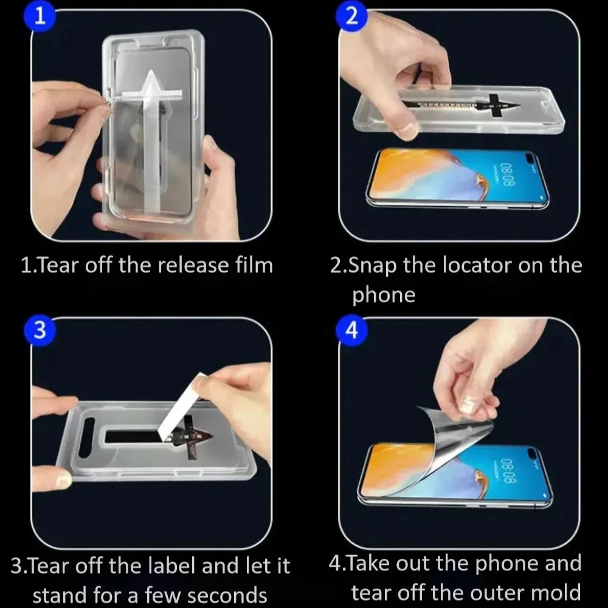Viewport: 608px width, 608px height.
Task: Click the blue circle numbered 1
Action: point(40,16)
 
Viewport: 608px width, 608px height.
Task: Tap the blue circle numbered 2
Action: point(351,16)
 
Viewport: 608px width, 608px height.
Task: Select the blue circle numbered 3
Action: point(40,330)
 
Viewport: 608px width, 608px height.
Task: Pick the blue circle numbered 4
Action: point(351,330)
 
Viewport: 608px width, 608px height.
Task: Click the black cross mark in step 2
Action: point(495,105)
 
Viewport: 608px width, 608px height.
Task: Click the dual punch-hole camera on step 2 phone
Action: point(533,157)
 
